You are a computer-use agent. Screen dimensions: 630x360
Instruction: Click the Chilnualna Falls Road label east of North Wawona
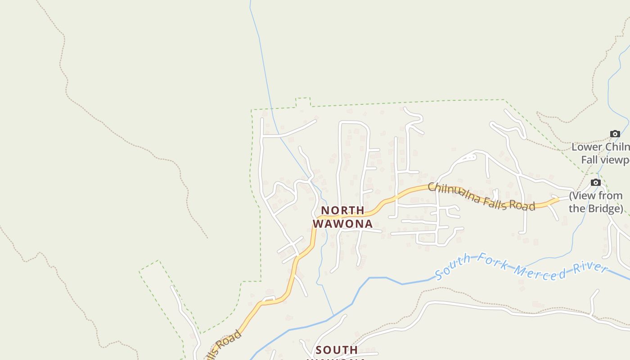(481, 197)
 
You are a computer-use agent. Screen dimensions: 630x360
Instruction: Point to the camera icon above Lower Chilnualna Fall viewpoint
(615, 134)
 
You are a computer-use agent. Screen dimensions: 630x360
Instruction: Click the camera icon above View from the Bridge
(595, 182)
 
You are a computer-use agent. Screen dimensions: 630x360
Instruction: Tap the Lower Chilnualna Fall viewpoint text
(601, 153)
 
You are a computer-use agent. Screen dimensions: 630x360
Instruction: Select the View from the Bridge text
(596, 202)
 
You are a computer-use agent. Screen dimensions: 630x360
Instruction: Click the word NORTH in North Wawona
(342, 210)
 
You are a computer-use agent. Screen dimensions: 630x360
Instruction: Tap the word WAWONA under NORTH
(343, 224)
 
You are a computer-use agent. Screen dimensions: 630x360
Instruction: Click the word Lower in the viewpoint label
(586, 147)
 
